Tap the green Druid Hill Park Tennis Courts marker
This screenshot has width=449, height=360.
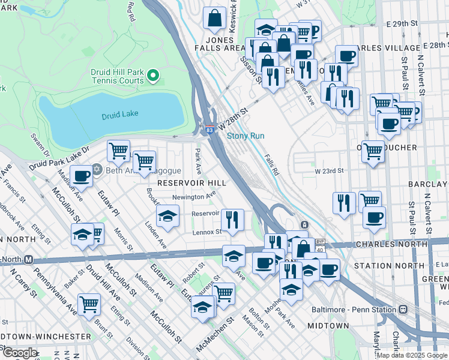[153, 76]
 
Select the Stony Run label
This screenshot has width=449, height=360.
[246, 136]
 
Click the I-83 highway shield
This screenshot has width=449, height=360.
[208, 129]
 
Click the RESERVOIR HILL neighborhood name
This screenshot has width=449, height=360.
[191, 182]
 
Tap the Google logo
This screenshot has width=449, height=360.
[20, 353]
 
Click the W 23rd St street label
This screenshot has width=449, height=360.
[329, 170]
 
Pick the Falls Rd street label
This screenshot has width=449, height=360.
[273, 164]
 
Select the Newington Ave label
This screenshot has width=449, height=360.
[193, 196]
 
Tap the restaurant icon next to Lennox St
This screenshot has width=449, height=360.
[232, 219]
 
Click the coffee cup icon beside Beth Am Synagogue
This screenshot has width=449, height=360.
[81, 176]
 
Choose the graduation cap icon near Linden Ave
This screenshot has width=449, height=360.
[167, 215]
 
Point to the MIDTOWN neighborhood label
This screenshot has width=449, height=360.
[328, 325]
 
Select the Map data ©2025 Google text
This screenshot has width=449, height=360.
[411, 355]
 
